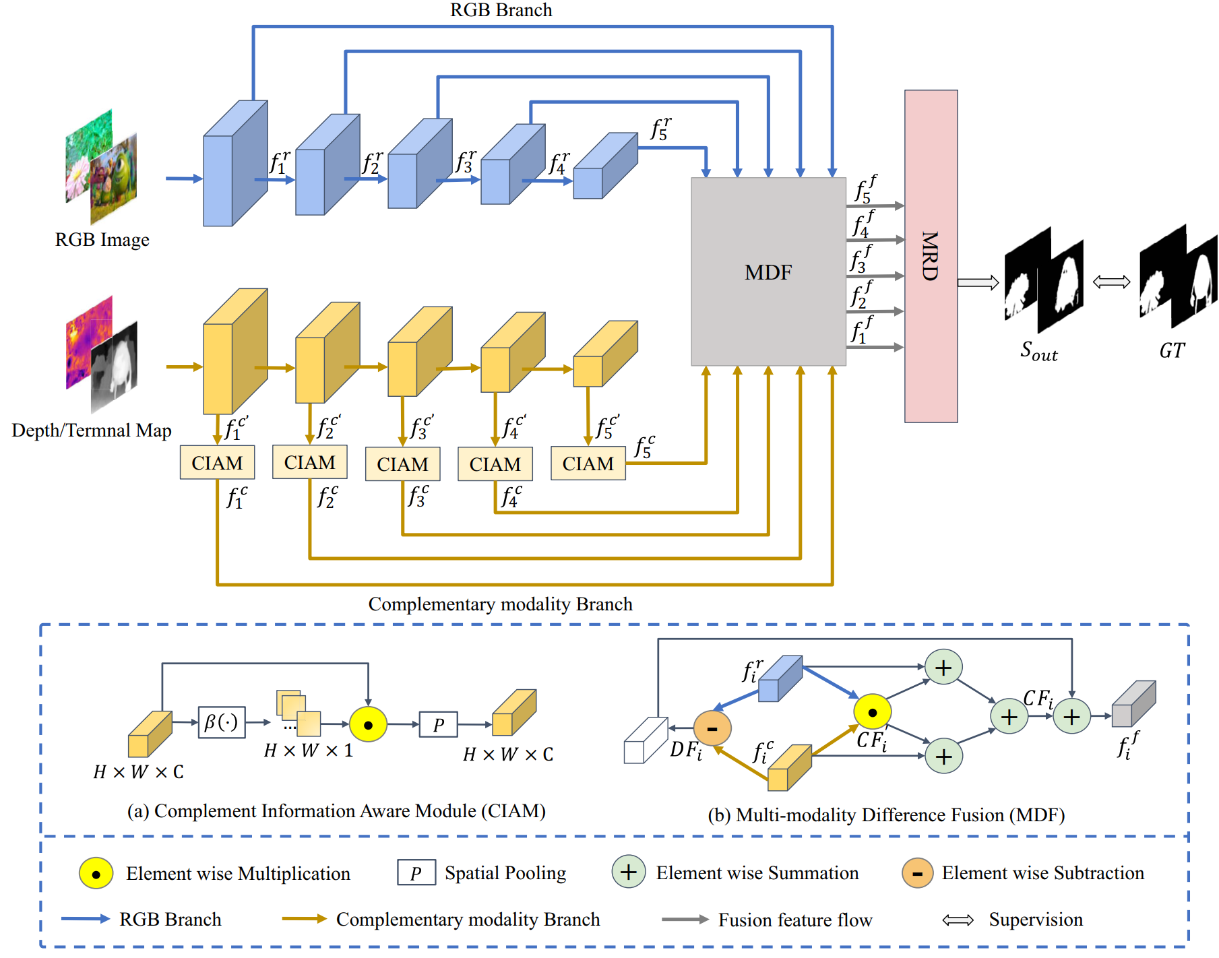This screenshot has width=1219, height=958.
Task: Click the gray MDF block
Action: (x=768, y=272)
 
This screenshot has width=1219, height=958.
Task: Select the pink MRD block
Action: (x=931, y=256)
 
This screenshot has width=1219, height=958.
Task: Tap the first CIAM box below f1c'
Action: (x=217, y=463)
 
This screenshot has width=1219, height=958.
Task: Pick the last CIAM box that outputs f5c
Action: (x=588, y=464)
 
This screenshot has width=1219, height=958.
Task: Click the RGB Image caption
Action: (x=102, y=240)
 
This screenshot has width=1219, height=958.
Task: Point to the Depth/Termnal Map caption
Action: (x=92, y=430)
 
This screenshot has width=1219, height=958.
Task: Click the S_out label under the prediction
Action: (x=1038, y=351)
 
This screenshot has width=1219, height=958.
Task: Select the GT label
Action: (x=1172, y=350)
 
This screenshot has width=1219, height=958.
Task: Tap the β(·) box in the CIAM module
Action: (x=222, y=723)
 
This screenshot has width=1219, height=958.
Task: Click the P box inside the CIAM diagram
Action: (x=438, y=725)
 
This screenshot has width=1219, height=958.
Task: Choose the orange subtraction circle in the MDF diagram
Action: (x=712, y=728)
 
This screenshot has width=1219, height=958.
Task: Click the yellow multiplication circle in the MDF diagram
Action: (x=872, y=712)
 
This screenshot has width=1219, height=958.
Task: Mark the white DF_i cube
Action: (x=645, y=741)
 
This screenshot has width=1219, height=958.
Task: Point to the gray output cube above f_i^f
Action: (x=1133, y=705)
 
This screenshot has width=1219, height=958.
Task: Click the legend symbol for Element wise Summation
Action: (x=628, y=872)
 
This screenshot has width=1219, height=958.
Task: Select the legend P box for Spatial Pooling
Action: (x=416, y=873)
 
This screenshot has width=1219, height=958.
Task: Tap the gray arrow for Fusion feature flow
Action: (x=685, y=920)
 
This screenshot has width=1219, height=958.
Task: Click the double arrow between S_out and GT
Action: (x=1111, y=282)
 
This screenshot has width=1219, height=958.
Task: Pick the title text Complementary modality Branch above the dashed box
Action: (x=500, y=604)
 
